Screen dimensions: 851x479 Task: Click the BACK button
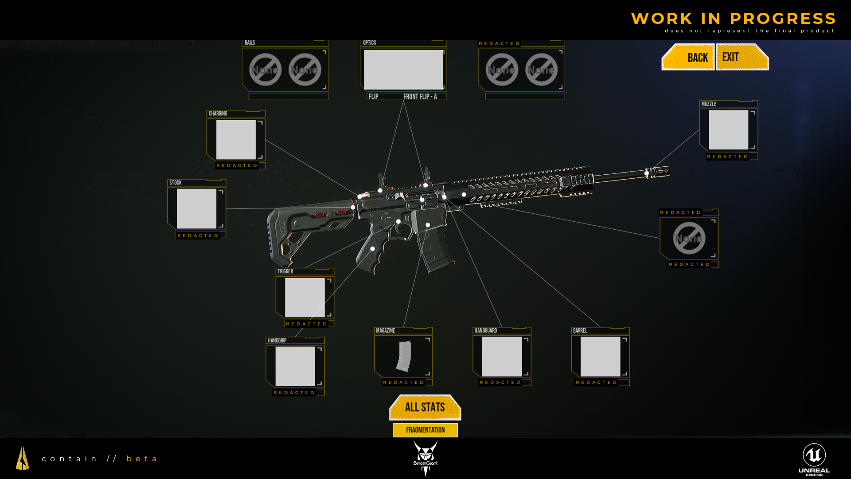tap(689, 57)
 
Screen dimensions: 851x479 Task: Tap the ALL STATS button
tap(425, 407)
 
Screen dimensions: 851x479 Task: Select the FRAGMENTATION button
tap(425, 430)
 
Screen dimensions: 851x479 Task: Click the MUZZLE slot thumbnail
tap(728, 130)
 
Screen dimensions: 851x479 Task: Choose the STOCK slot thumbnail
tap(196, 208)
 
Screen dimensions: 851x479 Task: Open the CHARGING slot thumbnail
tap(236, 139)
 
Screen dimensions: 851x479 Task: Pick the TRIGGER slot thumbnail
tap(304, 297)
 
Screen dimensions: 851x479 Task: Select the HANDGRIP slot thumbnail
tap(295, 366)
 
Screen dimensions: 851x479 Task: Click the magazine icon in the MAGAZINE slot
tap(404, 356)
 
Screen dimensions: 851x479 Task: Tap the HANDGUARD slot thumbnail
tap(502, 356)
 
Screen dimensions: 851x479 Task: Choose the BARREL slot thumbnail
tap(600, 356)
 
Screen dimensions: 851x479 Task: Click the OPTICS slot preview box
tap(403, 70)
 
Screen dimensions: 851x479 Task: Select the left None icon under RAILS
tap(265, 70)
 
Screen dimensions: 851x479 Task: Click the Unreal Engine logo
tap(814, 459)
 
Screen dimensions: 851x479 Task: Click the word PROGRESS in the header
tap(783, 19)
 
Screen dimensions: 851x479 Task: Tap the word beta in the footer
tap(142, 459)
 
